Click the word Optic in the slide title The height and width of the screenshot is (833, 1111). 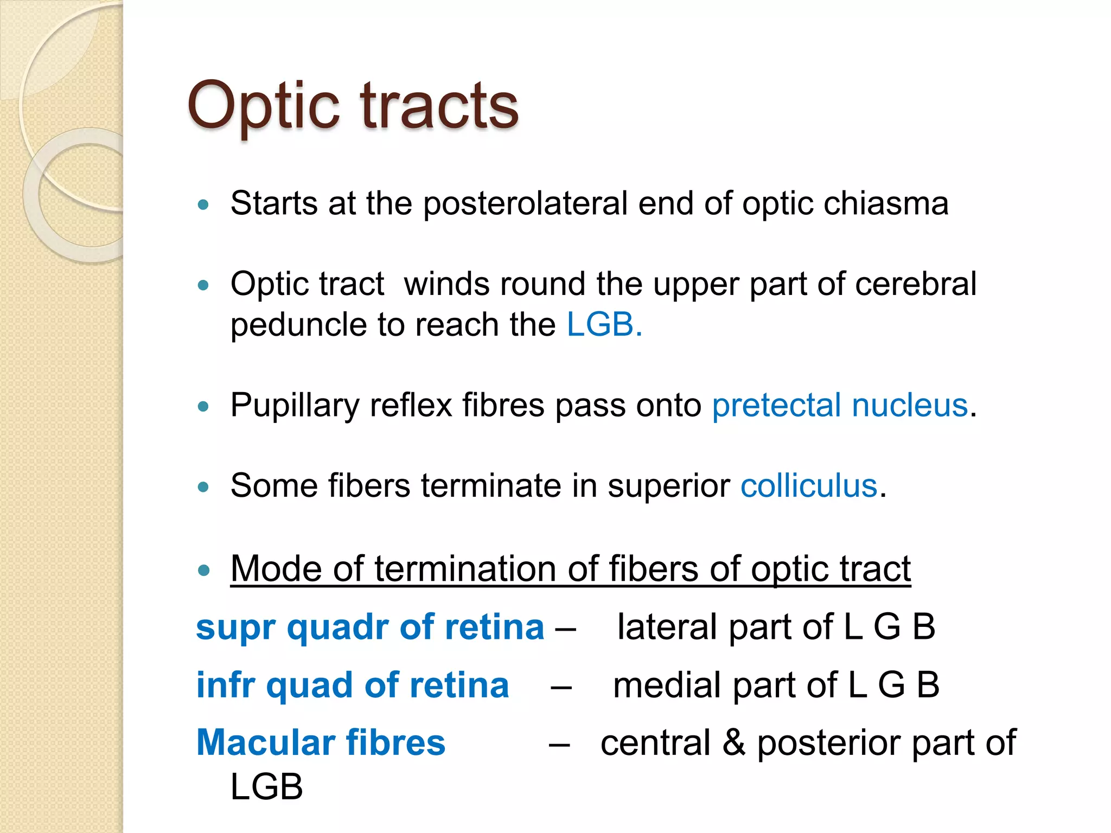tap(264, 106)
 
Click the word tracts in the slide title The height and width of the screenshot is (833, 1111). tap(439, 106)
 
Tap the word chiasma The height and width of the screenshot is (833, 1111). tap(886, 204)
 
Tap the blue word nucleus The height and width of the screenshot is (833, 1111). tap(910, 405)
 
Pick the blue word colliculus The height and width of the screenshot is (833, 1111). tap(808, 485)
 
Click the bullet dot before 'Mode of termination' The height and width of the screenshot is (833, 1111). tap(203, 571)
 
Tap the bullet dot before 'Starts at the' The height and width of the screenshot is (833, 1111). tap(203, 205)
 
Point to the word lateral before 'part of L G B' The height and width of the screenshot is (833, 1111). tap(667, 627)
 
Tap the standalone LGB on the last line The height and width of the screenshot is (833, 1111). tap(266, 787)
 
